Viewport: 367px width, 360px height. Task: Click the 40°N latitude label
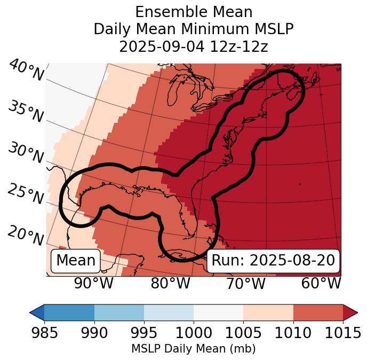pyautogui.click(x=26, y=71)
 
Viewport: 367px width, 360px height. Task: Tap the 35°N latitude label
pyautogui.click(x=26, y=112)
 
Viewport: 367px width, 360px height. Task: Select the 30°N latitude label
pyautogui.click(x=26, y=153)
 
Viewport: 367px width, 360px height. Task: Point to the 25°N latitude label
pyautogui.click(x=26, y=194)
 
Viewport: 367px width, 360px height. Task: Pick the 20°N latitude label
pyautogui.click(x=26, y=235)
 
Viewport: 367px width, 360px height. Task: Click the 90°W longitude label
pyautogui.click(x=93, y=283)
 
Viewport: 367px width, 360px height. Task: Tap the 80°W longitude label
pyautogui.click(x=171, y=283)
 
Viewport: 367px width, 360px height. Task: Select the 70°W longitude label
pyautogui.click(x=245, y=283)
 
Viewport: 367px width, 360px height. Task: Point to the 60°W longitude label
pyautogui.click(x=321, y=283)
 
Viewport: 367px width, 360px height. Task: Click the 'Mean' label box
pyautogui.click(x=76, y=261)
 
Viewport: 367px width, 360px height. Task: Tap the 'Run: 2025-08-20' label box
pyautogui.click(x=273, y=261)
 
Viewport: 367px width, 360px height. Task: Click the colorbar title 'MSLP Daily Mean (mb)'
pyautogui.click(x=193, y=349)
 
